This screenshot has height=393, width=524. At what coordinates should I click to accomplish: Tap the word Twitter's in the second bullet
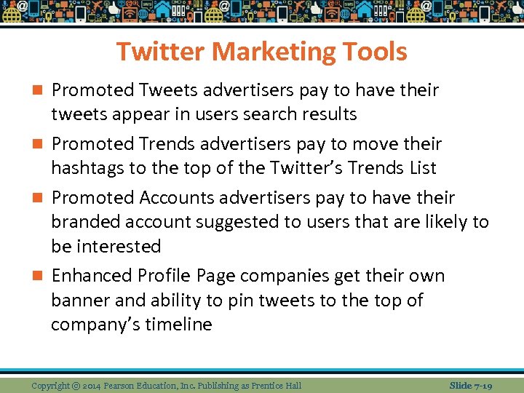[x=306, y=168]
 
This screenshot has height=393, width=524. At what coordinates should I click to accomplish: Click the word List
[x=423, y=168]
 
